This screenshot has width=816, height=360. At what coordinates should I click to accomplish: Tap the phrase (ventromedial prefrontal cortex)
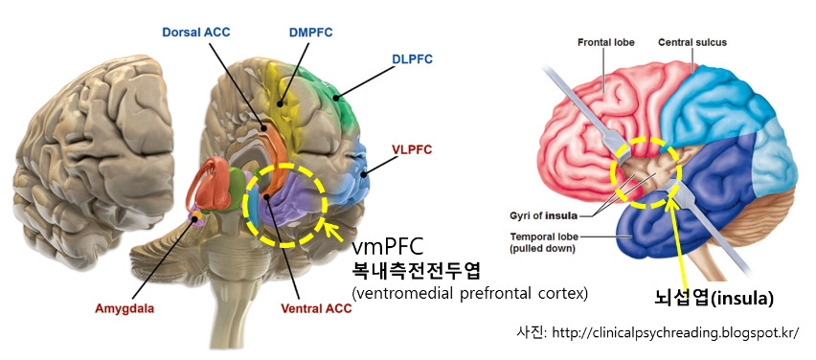pos(469,292)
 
